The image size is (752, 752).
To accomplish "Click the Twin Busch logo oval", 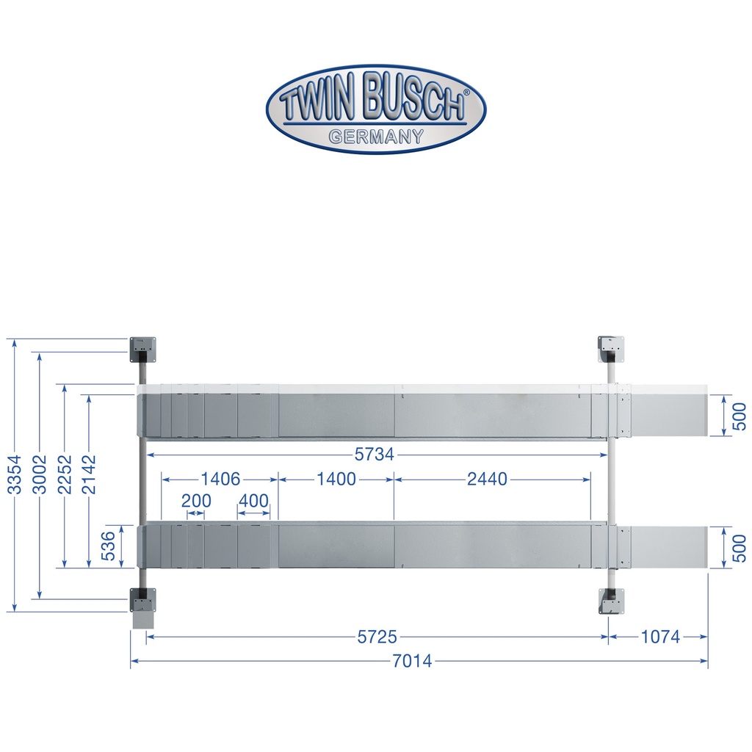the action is pos(376,109).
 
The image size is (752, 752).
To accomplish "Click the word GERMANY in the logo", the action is pos(376,137).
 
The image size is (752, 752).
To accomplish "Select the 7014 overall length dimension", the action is pos(412,662).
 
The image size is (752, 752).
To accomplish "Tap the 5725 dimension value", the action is pos(377,637).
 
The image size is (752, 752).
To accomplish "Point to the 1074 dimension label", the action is pos(660,637).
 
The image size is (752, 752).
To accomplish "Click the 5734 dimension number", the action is pos(374,454).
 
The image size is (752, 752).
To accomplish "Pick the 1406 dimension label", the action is pos(220,479).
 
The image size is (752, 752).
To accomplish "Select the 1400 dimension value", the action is pos(336,479).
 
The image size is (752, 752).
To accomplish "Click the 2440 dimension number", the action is pos(488,479).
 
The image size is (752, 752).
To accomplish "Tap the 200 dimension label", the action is pos(196,501).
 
